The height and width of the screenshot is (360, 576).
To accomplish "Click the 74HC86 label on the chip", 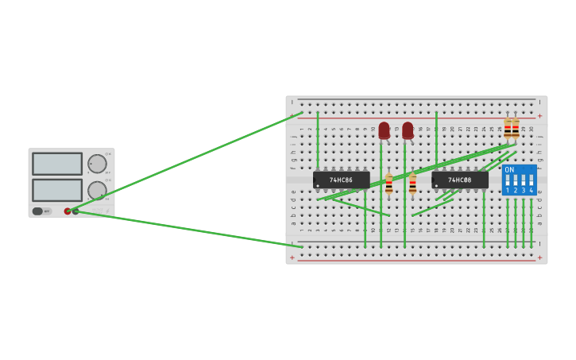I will click(x=341, y=180).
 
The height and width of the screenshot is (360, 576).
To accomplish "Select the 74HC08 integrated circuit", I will click(x=460, y=180).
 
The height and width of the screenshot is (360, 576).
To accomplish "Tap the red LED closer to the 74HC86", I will click(x=385, y=130).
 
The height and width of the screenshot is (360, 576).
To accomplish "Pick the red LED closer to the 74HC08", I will click(x=408, y=130).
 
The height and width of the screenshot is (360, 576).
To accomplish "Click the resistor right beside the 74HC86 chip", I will click(x=389, y=184).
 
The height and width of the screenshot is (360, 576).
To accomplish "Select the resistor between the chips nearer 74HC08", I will click(x=412, y=184).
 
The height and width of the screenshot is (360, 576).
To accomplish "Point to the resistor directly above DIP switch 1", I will click(x=508, y=129).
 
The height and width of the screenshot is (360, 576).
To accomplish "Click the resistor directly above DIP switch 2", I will click(x=516, y=129).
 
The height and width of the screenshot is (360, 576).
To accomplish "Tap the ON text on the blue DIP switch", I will click(x=509, y=170).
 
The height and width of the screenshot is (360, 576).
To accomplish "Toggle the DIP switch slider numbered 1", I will click(x=508, y=180).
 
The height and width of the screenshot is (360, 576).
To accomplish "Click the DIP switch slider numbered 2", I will click(x=516, y=180).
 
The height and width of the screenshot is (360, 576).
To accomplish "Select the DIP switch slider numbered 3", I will click(x=524, y=180).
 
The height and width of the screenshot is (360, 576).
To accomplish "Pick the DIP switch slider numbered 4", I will click(x=532, y=180).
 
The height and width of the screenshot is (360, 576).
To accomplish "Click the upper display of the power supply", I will click(x=57, y=164).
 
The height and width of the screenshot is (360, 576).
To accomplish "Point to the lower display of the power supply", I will click(x=57, y=190).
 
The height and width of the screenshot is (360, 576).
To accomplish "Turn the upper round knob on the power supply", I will click(x=97, y=164).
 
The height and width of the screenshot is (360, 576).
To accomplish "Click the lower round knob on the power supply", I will click(x=97, y=190).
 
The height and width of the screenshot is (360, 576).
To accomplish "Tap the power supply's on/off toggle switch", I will click(x=38, y=211).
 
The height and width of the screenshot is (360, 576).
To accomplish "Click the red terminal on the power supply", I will click(x=68, y=211).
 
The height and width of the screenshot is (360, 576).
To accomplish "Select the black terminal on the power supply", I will click(x=75, y=211).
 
